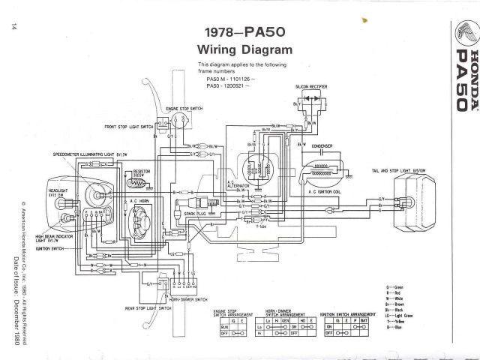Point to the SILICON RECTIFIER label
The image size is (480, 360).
(x=306, y=87)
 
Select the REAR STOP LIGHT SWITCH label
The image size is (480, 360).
(x=146, y=308)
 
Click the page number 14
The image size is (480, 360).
(x=13, y=28)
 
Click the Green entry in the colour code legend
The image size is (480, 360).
(x=397, y=287)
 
